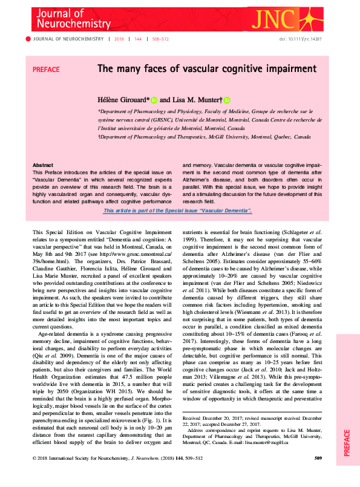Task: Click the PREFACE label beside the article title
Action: pos(46,70)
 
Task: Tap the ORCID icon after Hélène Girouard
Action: pos(154,100)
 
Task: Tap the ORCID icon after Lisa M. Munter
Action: pos(227,100)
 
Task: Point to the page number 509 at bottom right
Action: pos(318,475)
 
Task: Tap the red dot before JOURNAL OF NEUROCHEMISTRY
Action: pos(28,39)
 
